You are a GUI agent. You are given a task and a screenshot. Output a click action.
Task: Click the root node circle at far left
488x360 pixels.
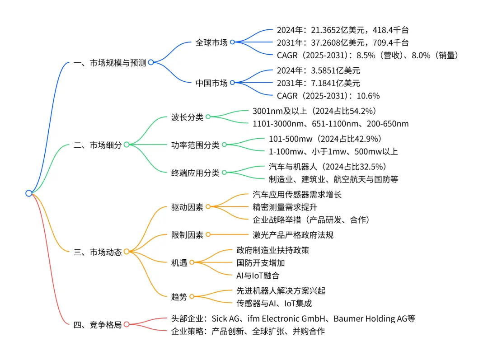pos(29,193)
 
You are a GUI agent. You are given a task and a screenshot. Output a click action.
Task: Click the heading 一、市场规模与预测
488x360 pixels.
pos(109,63)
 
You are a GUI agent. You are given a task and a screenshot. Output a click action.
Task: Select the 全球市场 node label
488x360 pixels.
pos(211,42)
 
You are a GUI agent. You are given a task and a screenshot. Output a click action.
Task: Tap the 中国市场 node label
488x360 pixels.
pos(211,83)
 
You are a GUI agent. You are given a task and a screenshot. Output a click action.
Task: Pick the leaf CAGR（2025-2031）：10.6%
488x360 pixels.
pos(328,96)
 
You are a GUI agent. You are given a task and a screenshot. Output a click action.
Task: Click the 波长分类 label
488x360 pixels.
pos(187,117)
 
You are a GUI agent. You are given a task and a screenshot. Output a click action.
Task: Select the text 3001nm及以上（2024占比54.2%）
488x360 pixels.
pos(314,111)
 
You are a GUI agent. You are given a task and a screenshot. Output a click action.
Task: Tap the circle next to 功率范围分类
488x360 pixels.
pos(224,145)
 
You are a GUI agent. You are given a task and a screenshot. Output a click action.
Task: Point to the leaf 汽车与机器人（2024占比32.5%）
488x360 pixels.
pos(328,166)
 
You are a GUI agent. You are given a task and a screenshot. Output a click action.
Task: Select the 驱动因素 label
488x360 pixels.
pos(187,206)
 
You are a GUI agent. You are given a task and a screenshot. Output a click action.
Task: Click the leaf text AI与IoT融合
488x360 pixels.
pos(261,275)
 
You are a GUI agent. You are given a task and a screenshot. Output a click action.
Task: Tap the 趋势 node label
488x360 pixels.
pos(179,297)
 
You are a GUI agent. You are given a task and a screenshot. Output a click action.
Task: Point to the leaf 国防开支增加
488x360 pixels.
pos(261,262)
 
